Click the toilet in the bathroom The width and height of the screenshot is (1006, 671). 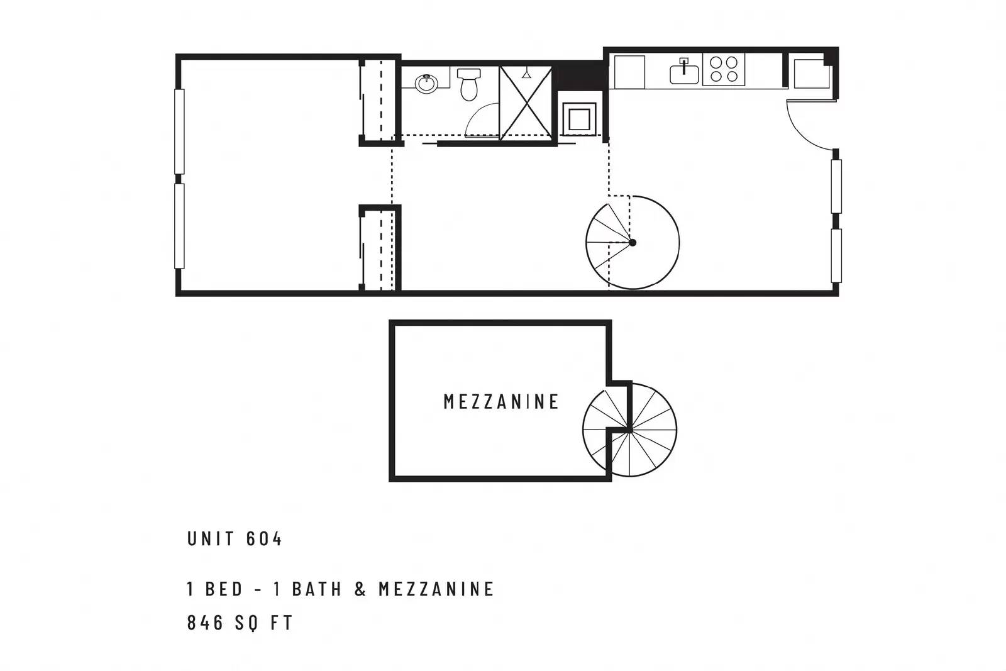click(469, 84)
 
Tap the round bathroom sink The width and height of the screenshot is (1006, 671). click(426, 84)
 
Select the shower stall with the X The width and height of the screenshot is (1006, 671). click(526, 103)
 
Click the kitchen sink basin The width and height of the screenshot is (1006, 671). click(684, 75)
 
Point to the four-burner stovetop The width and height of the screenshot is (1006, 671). click(724, 69)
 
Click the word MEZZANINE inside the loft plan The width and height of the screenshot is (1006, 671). click(500, 401)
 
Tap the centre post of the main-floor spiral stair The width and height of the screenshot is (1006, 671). click(633, 243)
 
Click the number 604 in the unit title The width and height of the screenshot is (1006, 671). click(264, 539)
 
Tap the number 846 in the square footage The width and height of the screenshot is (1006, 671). click(205, 623)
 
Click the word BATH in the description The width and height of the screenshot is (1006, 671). click(317, 589)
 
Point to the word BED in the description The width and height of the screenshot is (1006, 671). click(224, 589)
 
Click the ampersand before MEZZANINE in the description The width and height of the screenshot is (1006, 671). click(360, 589)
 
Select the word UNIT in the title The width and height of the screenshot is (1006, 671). click(211, 539)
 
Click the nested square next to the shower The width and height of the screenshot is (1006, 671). click(579, 119)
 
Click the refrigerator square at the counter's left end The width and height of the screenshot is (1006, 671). click(629, 72)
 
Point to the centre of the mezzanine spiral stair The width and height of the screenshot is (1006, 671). click(629, 430)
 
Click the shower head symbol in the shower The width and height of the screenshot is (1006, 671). click(526, 74)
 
